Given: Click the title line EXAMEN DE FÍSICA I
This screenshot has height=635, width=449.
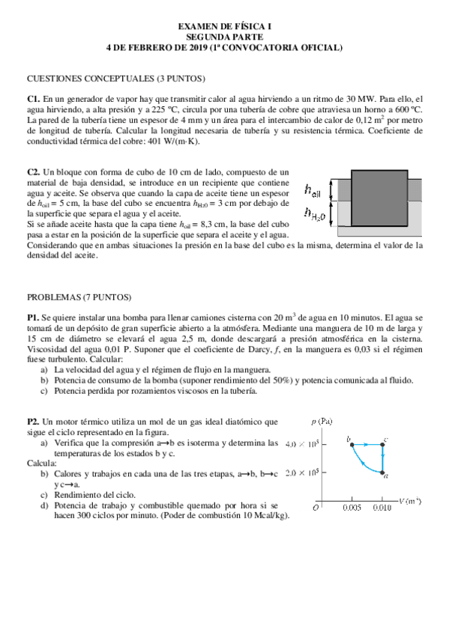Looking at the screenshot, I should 224,26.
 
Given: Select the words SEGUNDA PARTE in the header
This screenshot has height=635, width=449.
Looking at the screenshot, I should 224,37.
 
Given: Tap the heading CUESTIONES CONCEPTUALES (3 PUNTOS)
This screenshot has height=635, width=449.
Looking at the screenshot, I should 116,79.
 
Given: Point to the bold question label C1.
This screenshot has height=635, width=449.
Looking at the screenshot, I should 33,99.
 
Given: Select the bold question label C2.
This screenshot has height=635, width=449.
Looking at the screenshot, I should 33,172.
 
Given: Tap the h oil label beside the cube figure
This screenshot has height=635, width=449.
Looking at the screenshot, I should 313,190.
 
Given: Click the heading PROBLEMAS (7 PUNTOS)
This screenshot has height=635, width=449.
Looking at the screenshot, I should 79,297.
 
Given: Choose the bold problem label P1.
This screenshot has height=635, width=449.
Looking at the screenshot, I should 33,317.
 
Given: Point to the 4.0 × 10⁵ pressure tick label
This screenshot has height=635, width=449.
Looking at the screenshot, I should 304,444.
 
